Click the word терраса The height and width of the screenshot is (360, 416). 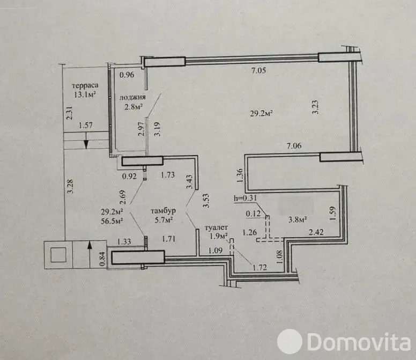85,86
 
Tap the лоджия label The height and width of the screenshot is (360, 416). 132,98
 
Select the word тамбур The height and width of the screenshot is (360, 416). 163,211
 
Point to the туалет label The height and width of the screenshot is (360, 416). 216,228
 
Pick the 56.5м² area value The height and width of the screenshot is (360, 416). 112,221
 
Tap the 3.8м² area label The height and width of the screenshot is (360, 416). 298,219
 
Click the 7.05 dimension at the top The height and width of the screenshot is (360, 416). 258,71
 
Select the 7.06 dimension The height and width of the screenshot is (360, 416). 294,146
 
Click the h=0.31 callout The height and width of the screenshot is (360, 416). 245,198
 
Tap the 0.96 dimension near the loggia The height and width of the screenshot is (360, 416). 127,75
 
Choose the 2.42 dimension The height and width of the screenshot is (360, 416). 316,232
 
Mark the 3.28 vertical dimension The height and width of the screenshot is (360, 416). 70,187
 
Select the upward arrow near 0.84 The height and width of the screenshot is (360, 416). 90,254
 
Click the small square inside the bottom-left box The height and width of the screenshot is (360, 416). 58,255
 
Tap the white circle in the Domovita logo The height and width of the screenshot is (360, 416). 289,342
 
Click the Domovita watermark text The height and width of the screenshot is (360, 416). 359,342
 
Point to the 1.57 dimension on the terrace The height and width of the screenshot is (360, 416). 86,126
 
